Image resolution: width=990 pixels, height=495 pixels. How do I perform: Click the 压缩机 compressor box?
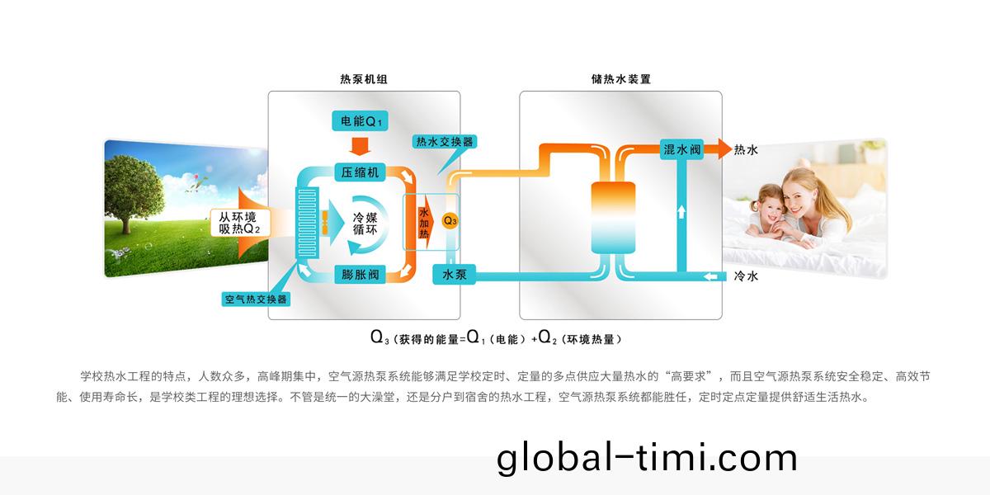360,172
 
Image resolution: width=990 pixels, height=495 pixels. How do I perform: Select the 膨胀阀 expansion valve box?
360,275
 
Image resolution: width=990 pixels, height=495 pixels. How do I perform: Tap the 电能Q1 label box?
360,121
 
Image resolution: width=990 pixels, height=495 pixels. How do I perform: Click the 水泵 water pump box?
454,275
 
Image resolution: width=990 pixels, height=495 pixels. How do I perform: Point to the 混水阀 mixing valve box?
681,150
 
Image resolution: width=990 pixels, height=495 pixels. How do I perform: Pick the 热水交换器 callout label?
444,141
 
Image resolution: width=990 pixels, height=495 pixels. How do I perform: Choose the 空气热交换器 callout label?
256,299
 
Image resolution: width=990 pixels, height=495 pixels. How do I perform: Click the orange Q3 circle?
450,220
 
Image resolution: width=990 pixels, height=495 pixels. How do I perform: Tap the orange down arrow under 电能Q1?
360,146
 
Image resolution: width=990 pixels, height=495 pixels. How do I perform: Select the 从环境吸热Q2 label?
239,223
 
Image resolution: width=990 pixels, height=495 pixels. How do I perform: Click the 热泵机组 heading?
363,79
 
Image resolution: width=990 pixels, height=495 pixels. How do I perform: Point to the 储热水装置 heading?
621,79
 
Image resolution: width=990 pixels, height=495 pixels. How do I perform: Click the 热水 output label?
746,150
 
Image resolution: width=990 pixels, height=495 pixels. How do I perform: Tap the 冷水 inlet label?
746,276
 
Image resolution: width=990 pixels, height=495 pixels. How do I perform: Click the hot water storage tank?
613,218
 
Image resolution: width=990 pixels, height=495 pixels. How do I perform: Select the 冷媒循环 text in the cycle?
365,224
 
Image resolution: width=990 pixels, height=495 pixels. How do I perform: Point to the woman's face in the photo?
799,196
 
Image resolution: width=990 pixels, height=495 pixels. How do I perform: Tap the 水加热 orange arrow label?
425,223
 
